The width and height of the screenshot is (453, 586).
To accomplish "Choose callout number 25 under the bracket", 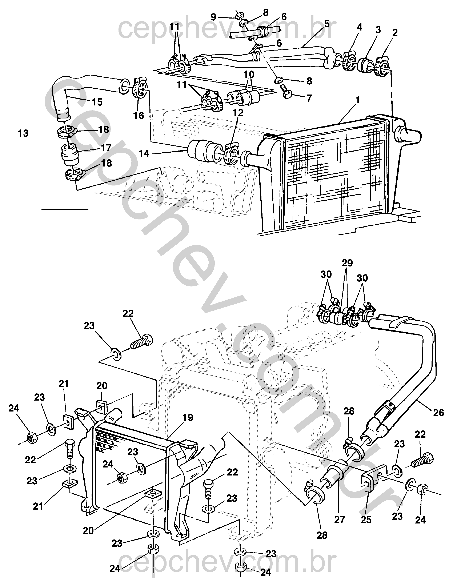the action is coord(366,520).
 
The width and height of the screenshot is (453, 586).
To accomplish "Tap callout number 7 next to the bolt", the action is coord(309,99).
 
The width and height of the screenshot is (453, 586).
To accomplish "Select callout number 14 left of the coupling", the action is coord(144,153).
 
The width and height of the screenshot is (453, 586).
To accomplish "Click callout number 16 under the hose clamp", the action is coord(139,115).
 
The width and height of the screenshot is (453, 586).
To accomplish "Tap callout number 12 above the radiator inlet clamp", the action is coord(238,112).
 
